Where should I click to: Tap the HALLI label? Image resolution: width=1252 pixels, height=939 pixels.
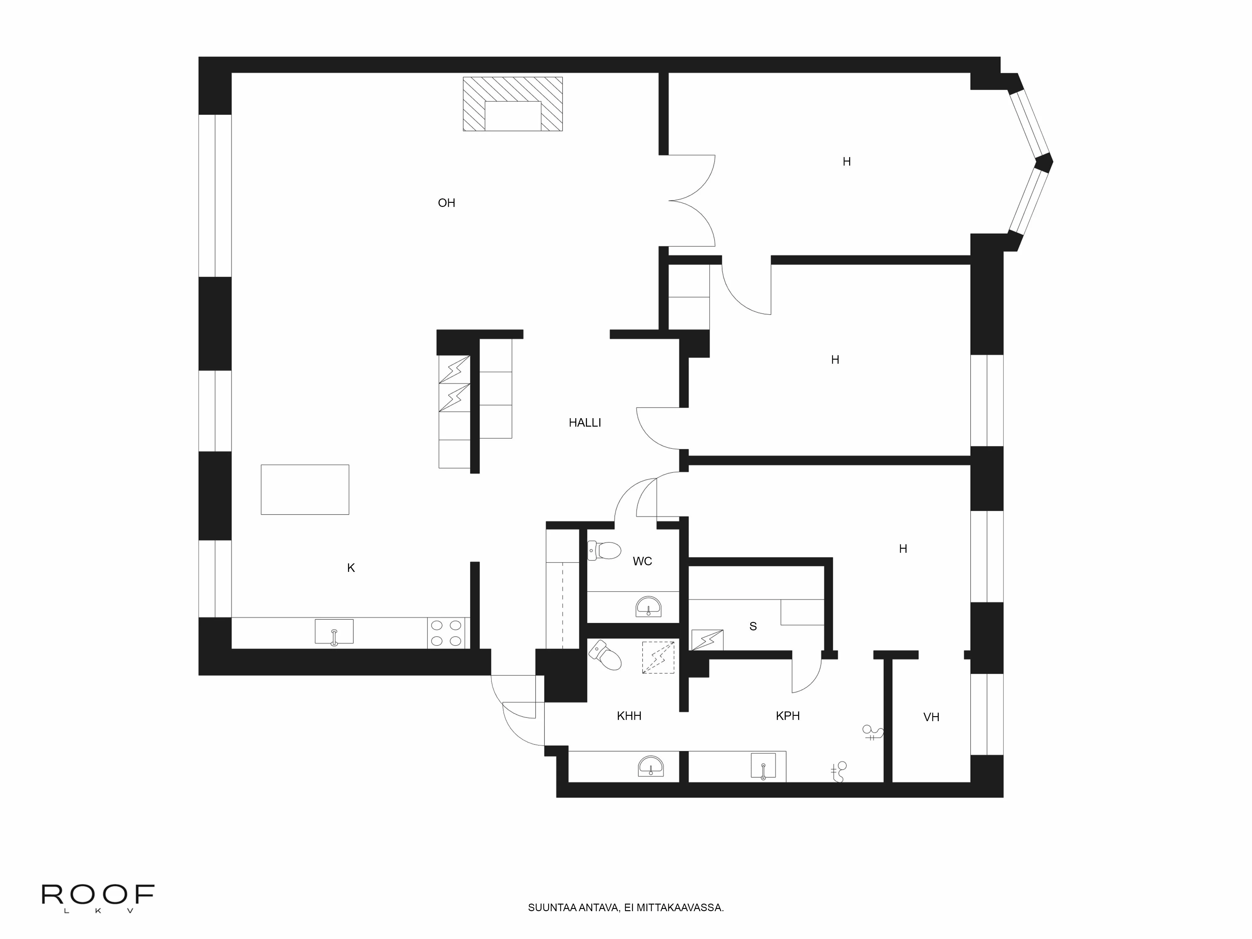click(x=585, y=422)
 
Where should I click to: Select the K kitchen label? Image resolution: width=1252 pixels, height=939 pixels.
click(x=351, y=568)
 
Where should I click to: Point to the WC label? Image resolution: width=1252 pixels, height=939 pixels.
click(x=642, y=561)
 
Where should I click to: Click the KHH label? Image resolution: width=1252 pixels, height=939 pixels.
click(x=629, y=716)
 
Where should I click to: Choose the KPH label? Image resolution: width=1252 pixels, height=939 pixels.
click(x=787, y=716)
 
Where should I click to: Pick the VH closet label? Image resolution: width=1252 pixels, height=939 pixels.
click(x=931, y=717)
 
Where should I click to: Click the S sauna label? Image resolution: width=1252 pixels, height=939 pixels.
click(x=753, y=626)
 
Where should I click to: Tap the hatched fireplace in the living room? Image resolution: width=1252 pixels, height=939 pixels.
click(x=513, y=104)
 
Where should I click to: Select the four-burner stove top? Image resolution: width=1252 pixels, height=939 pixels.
click(x=446, y=633)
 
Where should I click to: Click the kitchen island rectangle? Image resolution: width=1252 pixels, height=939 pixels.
click(x=305, y=490)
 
